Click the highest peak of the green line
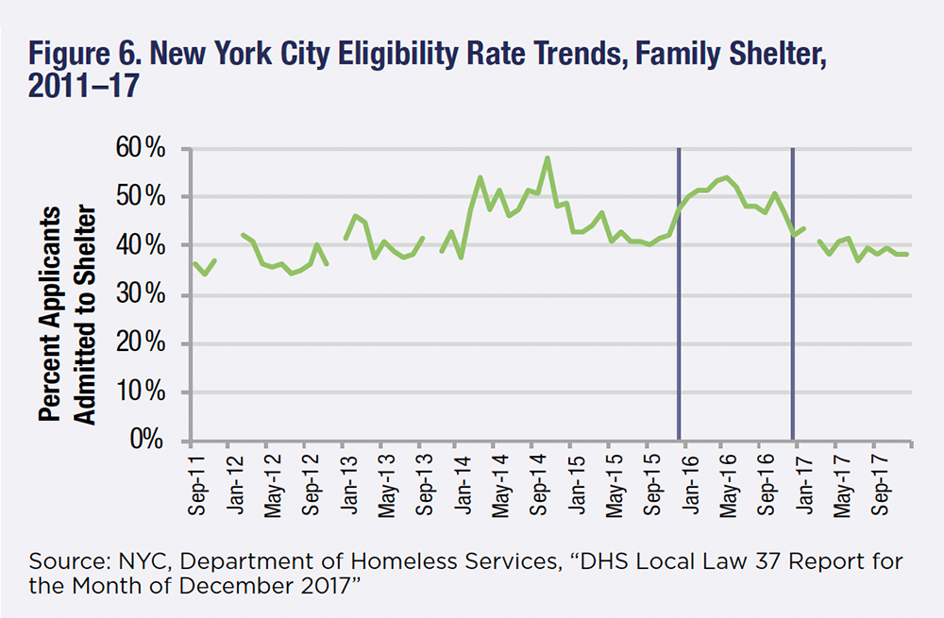pyautogui.click(x=548, y=159)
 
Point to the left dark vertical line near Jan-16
pyautogui.click(x=679, y=283)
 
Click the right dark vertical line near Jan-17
pyautogui.click(x=791, y=283)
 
